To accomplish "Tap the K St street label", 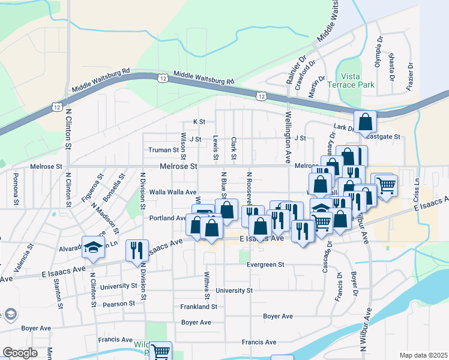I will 199,122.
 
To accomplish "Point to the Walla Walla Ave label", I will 173,192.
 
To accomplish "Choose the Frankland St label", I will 198,306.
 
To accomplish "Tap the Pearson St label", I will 118,304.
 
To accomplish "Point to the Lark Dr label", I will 343,127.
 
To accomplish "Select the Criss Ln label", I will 416,186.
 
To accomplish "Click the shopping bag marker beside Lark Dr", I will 365,122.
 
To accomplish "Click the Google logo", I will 20,353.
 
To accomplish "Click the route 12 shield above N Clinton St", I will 56,107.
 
